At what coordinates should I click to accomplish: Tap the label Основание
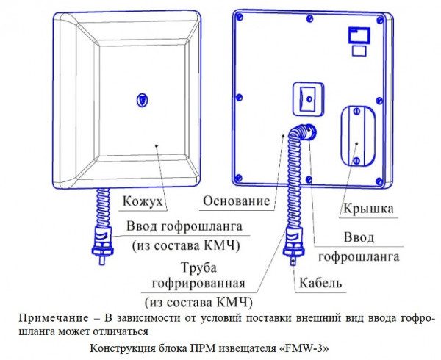pyautogui.click(x=236, y=201)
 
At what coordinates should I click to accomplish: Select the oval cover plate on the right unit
pyautogui.click(x=355, y=136)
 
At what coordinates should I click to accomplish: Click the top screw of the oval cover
pyautogui.click(x=356, y=112)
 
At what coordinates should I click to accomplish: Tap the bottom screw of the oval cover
pyautogui.click(x=355, y=160)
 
